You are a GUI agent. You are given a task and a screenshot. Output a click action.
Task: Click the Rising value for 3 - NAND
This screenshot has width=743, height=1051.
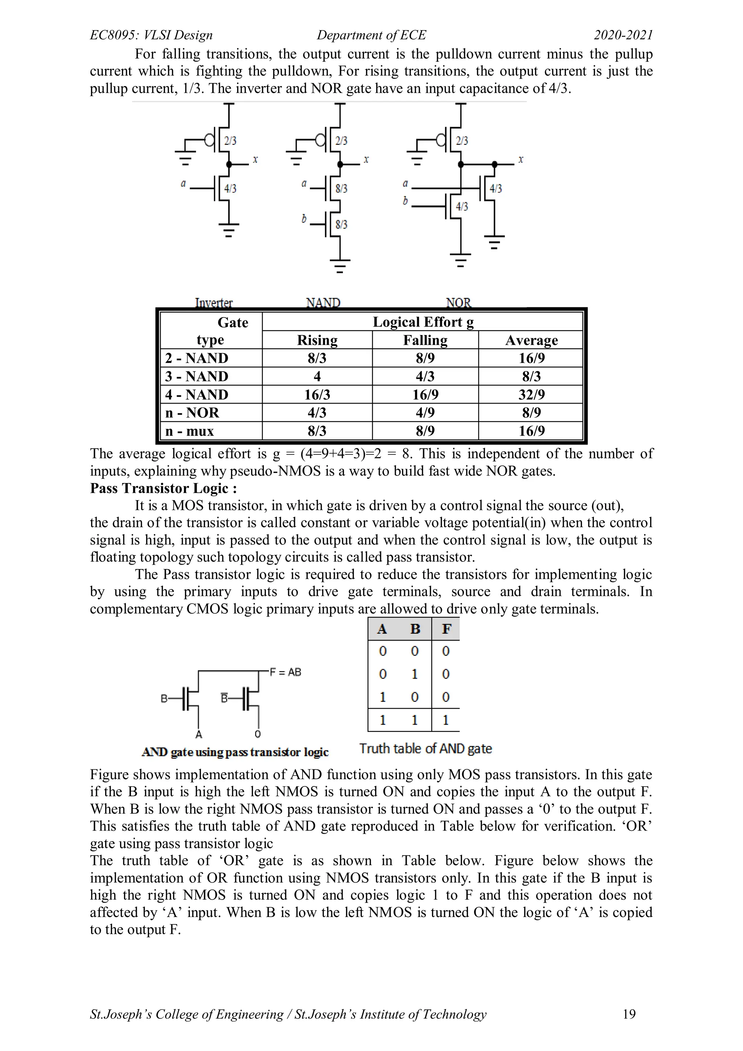[x=317, y=376]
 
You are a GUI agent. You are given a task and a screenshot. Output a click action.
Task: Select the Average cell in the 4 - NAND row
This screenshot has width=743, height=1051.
[x=531, y=394]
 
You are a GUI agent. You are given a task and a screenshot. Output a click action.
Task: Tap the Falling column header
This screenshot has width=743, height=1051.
[x=425, y=340]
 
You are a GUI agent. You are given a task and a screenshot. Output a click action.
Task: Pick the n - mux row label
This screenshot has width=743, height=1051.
[x=189, y=431]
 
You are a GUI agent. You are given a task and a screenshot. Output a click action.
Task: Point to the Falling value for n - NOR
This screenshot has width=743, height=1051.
[x=425, y=412]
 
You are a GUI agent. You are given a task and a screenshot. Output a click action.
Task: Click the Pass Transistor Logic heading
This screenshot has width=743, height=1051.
[x=163, y=488]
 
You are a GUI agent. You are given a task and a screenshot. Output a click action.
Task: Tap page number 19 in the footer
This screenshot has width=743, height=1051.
[x=629, y=1014]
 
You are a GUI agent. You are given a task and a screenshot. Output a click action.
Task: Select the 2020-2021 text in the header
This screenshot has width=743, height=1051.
[x=623, y=35]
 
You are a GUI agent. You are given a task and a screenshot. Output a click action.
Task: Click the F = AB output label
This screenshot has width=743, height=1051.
[x=286, y=672]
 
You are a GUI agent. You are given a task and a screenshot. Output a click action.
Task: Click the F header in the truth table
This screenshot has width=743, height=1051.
[x=446, y=629]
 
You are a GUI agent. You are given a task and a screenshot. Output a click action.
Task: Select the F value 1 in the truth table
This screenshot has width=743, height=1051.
[x=446, y=720]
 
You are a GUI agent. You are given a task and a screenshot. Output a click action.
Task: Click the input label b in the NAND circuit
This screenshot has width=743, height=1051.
[x=304, y=219]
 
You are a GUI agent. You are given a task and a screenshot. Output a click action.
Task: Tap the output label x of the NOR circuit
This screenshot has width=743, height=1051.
[x=521, y=159]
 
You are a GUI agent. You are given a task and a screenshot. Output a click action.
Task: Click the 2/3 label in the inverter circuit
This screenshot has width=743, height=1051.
[x=230, y=140]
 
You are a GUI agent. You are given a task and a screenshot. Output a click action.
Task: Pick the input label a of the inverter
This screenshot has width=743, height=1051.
[x=183, y=184]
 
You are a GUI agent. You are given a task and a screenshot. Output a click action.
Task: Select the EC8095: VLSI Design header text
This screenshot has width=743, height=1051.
[x=151, y=35]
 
